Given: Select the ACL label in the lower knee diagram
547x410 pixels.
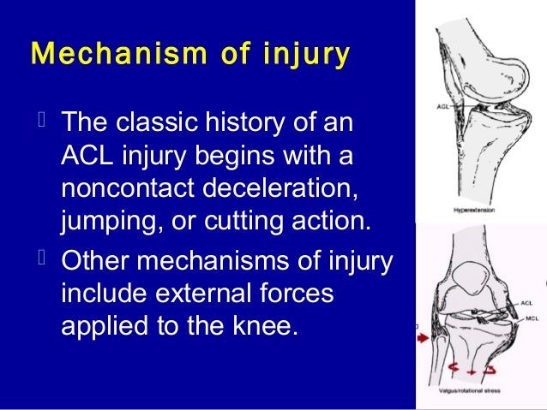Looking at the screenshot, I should click(x=527, y=303).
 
